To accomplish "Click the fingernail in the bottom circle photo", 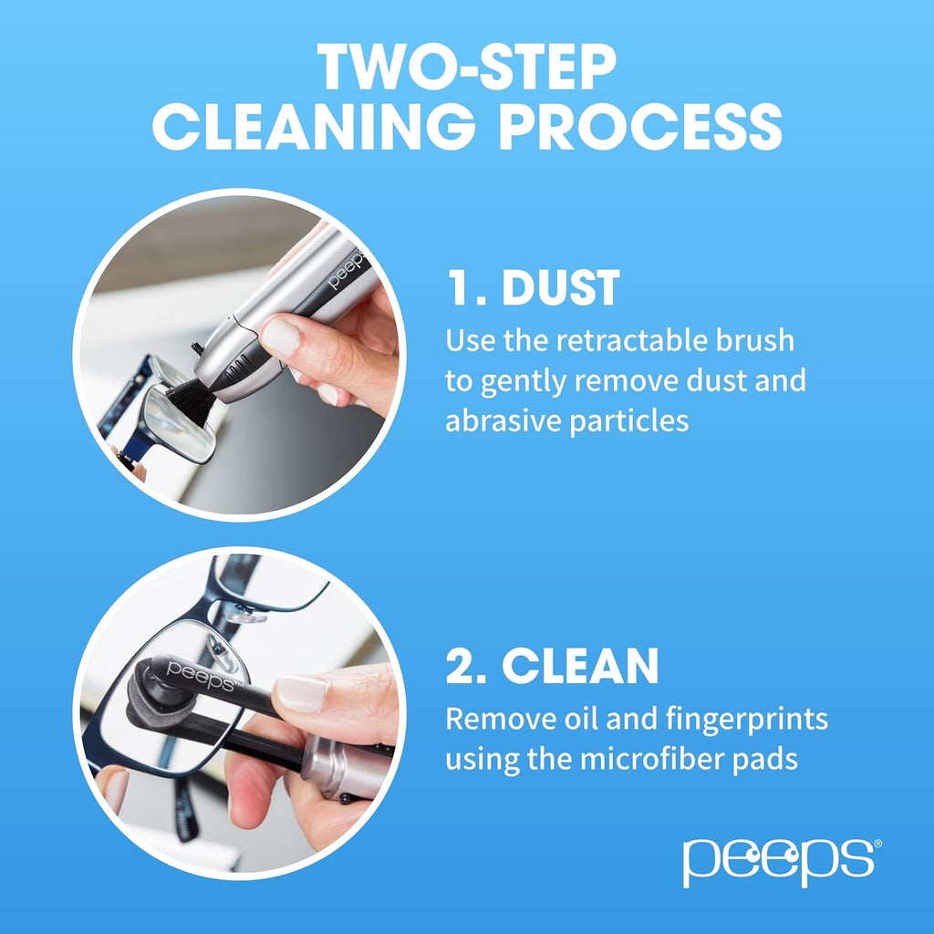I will pos(302,693).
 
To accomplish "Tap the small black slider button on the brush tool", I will pos(197,348).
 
